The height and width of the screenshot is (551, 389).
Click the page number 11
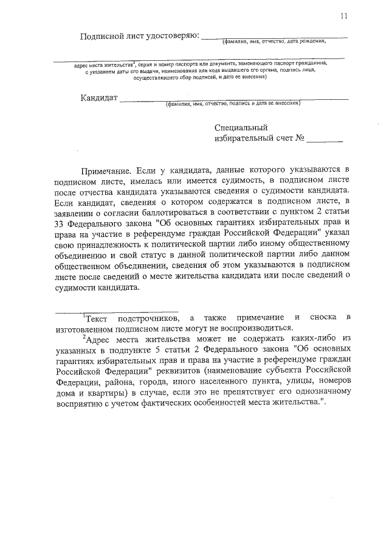point(345,17)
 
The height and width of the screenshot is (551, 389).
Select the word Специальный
point(241,128)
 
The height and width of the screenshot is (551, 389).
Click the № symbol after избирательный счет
point(299,139)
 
